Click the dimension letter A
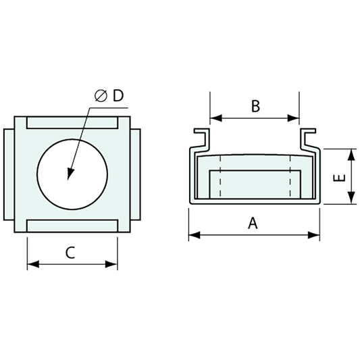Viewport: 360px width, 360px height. click(253, 224)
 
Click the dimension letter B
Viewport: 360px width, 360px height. click(255, 106)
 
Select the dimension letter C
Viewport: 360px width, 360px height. click(70, 253)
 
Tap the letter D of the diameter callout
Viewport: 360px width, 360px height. click(118, 95)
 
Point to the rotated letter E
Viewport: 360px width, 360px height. click(339, 178)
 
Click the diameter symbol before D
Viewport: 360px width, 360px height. click(101, 96)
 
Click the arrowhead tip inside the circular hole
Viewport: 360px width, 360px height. click(68, 180)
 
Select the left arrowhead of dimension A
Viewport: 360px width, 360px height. click(195, 235)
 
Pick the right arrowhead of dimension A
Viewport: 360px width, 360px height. click(314, 235)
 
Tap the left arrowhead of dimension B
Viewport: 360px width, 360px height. click(216, 118)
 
